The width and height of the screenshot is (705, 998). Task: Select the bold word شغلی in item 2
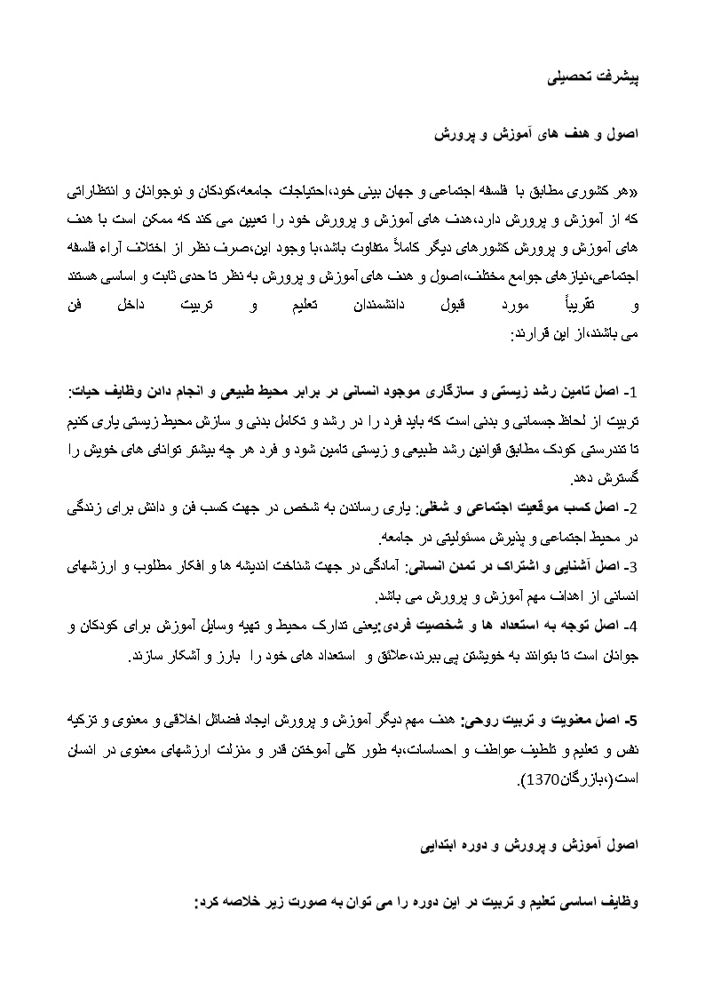pyautogui.click(x=431, y=509)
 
